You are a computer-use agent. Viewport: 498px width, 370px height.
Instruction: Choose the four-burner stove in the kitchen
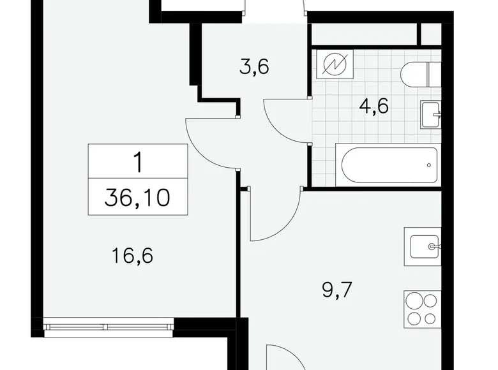(x=422, y=309)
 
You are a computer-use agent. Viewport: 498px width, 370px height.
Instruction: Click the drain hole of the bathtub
(x=427, y=165)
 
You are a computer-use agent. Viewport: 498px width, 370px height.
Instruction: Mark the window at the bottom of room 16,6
(x=109, y=327)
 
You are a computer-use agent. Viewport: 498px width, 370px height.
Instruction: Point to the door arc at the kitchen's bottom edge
(x=281, y=357)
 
